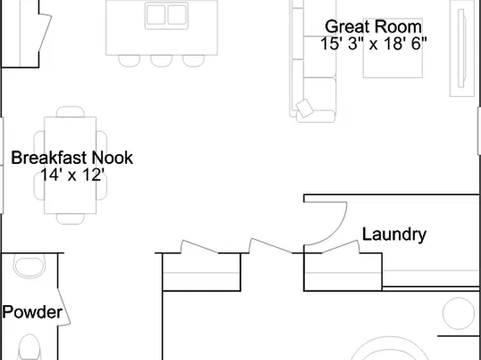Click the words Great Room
click(x=374, y=27)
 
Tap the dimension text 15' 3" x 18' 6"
click(x=374, y=44)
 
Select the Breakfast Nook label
click(x=72, y=157)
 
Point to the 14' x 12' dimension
click(x=73, y=175)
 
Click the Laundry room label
click(x=394, y=235)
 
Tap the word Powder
click(x=32, y=312)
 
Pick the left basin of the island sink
click(x=156, y=15)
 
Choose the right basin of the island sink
click(x=177, y=15)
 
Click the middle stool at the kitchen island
click(x=161, y=61)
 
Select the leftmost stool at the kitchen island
click(x=129, y=61)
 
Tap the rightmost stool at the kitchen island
click(x=194, y=61)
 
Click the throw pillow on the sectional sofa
click(x=304, y=108)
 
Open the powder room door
click(x=64, y=307)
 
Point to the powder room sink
click(x=29, y=266)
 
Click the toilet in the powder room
click(x=29, y=347)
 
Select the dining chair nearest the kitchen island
click(x=70, y=111)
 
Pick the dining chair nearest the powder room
click(x=70, y=219)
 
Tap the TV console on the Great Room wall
click(x=462, y=48)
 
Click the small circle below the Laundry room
click(x=458, y=313)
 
